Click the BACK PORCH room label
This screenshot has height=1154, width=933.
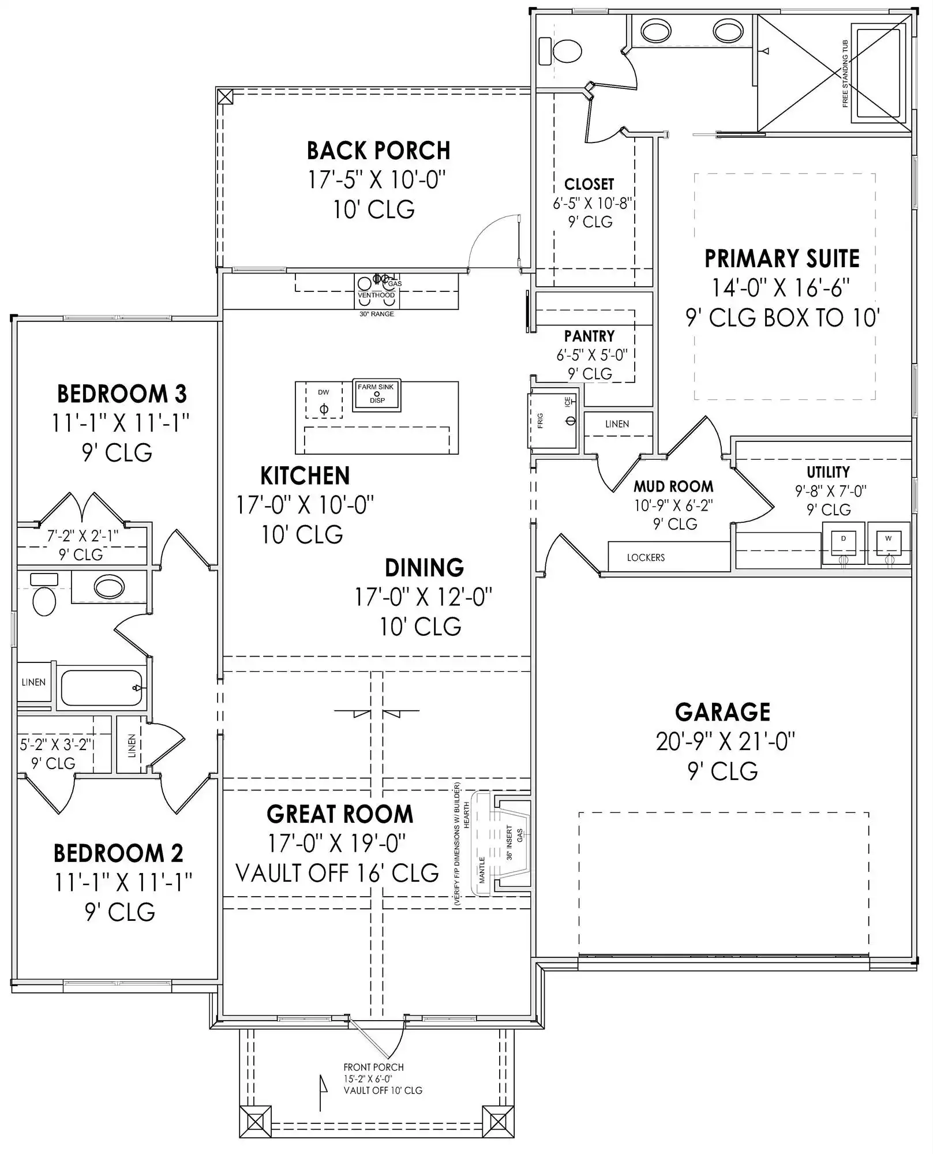coord(378,151)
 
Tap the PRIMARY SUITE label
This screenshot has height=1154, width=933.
coord(782,258)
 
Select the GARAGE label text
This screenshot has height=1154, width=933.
coord(722,712)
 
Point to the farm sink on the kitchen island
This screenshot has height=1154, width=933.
coord(377,395)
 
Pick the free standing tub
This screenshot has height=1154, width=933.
coord(878,73)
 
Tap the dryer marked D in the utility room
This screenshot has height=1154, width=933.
coord(844,543)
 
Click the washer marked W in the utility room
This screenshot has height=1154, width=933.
coord(889,543)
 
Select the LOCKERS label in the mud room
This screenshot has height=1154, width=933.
coord(646,557)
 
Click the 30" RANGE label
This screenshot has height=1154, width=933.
coord(377,314)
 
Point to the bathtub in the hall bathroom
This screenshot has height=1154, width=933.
coord(102,687)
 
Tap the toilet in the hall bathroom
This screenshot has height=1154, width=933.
coord(44,595)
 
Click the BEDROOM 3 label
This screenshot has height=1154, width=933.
coord(122,394)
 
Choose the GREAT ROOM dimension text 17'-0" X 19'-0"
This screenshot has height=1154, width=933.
coord(337,844)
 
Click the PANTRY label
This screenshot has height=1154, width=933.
coord(589,336)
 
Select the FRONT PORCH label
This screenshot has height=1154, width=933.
coord(373,1067)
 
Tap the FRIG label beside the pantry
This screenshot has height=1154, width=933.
coord(540,420)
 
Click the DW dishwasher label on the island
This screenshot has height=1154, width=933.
coord(323,392)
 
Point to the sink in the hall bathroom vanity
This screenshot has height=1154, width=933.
coord(109,587)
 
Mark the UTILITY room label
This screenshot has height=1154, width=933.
coord(828,472)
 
